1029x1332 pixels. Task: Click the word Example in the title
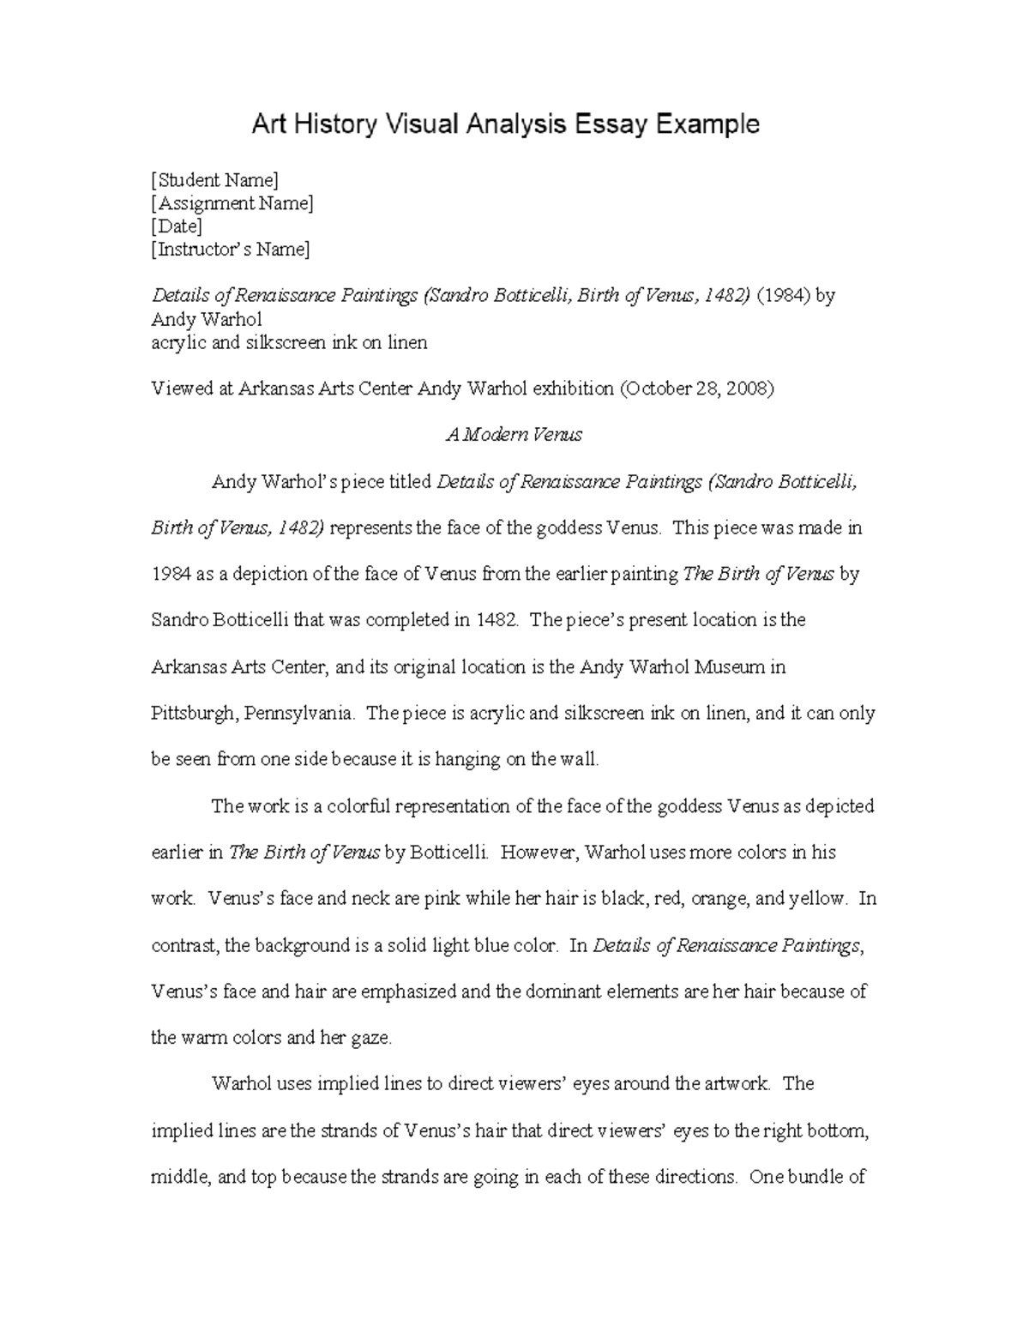point(707,125)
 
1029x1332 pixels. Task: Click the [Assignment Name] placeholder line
point(232,203)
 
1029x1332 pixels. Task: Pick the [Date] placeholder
point(177,226)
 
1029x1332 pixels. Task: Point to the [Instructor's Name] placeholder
point(231,250)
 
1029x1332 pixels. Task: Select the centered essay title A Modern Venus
point(514,435)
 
